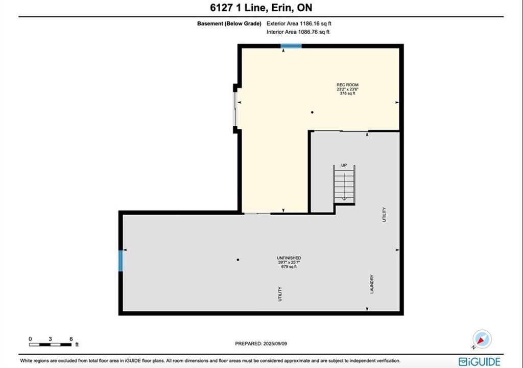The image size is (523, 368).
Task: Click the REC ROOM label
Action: (347, 85)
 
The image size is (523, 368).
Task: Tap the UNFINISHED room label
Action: (289, 258)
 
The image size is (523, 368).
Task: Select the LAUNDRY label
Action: (372, 284)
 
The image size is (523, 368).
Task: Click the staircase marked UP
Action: (344, 185)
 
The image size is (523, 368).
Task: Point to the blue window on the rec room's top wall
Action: (291, 46)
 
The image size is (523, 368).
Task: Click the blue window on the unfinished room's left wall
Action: (121, 261)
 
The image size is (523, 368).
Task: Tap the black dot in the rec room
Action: (312, 112)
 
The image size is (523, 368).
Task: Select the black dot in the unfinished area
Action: (238, 260)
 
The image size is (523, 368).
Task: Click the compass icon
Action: (482, 339)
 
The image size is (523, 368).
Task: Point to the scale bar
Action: (51, 344)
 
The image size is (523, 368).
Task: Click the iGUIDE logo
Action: (480, 362)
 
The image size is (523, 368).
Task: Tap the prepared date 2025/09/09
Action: (275, 343)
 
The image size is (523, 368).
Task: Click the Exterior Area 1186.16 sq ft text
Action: (299, 24)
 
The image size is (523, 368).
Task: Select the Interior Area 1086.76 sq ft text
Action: (298, 32)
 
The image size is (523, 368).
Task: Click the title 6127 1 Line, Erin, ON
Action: (261, 8)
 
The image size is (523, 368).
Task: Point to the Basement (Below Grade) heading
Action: (229, 24)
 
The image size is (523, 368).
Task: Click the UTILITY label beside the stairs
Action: (384, 214)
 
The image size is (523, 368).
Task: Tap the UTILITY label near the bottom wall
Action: (280, 294)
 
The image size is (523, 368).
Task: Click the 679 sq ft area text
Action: (289, 267)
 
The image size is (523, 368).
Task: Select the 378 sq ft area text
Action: (347, 94)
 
